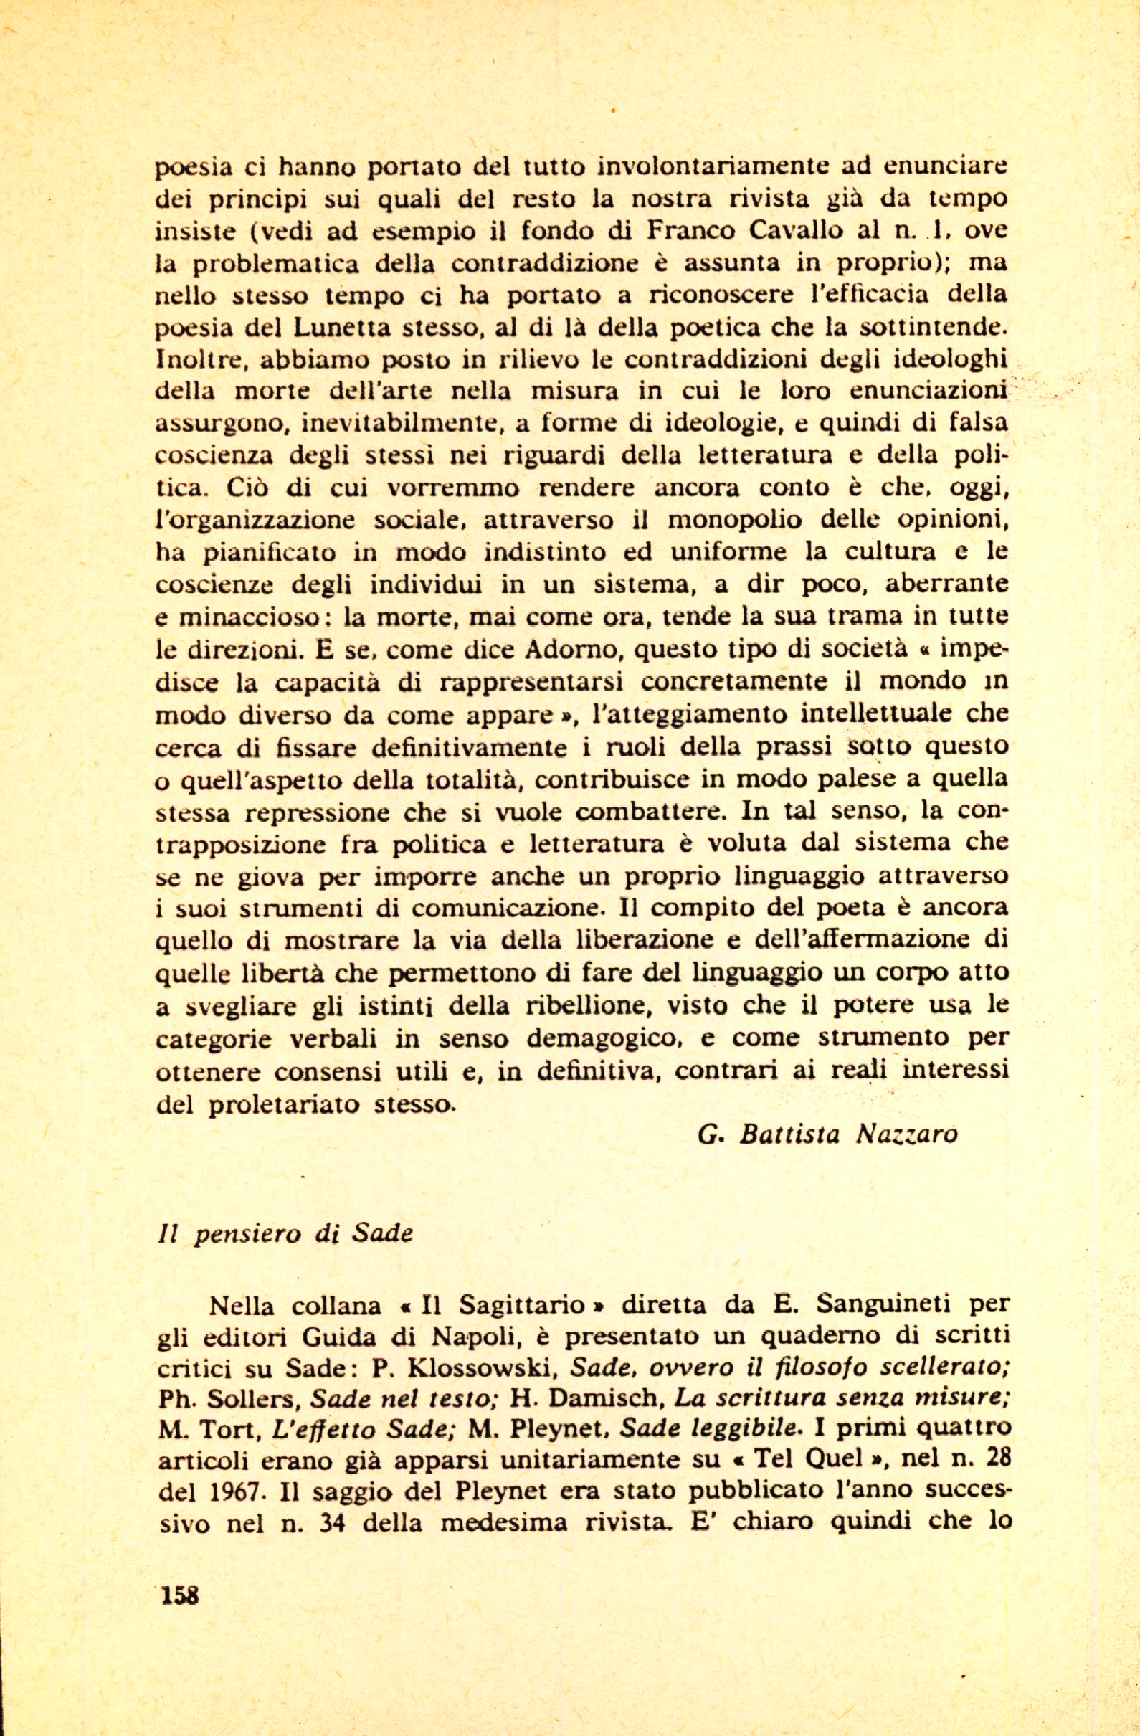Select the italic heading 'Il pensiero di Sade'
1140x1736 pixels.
coord(285,1232)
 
